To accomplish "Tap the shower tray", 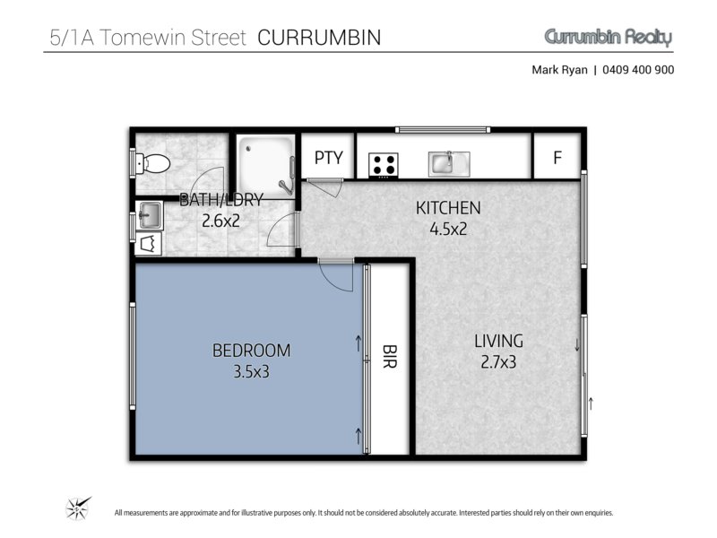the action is tap(266, 167).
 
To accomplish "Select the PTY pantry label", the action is tap(328, 158).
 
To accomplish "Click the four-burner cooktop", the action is tap(384, 165).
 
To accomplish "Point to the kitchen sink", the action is tap(449, 164).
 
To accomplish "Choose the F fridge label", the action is tap(557, 158).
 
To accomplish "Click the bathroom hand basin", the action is tap(149, 215).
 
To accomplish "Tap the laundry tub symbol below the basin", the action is tap(149, 243).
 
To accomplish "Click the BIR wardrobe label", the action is tap(389, 357).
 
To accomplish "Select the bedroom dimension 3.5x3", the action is tap(251, 371).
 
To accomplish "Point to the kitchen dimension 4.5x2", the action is tap(448, 229).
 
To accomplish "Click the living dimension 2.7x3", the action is tap(498, 362).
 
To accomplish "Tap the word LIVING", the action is tap(498, 342).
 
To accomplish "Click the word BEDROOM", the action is tap(251, 351).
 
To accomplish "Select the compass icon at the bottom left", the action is tap(78, 508).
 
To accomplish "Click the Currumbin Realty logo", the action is tap(609, 37).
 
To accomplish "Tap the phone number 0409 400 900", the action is tap(638, 70).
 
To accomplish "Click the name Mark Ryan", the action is tap(559, 70).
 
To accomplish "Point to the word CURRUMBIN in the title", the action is tap(319, 38).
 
